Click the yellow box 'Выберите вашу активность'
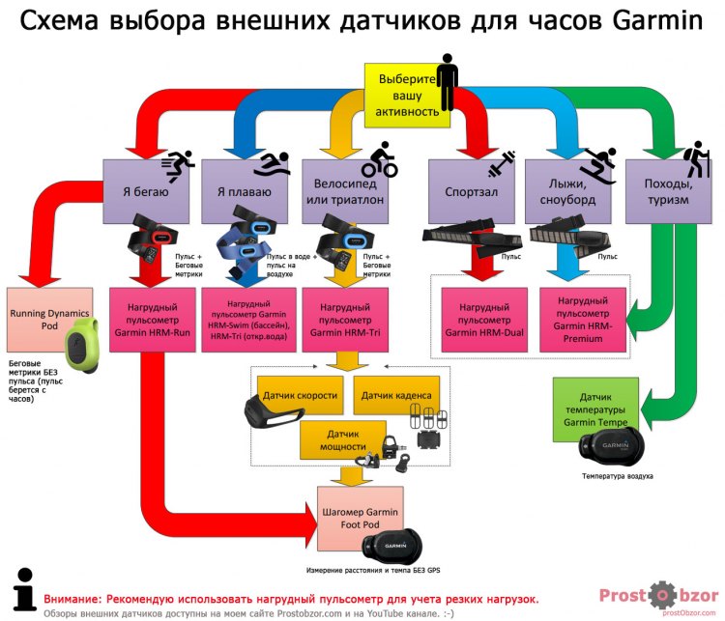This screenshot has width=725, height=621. coord(405,95)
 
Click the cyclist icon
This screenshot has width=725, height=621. coord(380,159)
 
